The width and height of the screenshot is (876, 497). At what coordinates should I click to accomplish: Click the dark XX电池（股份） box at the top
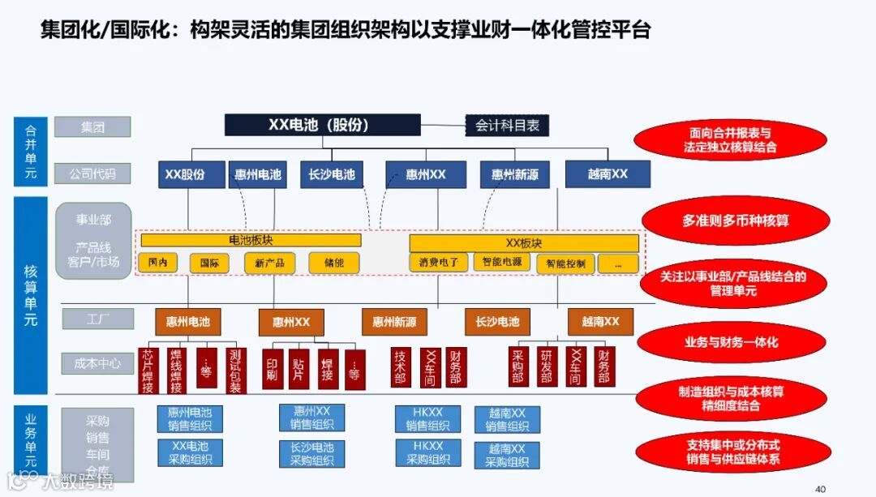tap(322, 125)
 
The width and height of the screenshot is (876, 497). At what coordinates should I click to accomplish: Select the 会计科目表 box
tap(507, 126)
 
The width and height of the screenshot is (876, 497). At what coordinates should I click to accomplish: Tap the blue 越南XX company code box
tap(608, 174)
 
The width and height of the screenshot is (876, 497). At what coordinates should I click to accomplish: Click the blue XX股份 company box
tap(185, 174)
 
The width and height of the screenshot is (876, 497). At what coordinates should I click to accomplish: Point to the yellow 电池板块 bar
tap(251, 241)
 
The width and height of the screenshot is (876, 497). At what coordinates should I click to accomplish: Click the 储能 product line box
tap(333, 263)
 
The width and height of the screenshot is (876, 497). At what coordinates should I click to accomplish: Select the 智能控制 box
tap(565, 263)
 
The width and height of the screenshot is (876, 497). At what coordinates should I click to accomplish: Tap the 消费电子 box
tap(439, 262)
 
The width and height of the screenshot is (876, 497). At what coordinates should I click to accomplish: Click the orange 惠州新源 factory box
tap(394, 322)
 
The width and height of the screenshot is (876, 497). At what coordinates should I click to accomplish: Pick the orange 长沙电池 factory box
tap(497, 322)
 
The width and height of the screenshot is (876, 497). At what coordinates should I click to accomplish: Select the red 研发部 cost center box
tap(547, 366)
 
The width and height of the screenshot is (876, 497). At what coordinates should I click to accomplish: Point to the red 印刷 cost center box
tap(273, 369)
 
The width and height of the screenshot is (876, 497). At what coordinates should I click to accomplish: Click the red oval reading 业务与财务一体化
tap(730, 342)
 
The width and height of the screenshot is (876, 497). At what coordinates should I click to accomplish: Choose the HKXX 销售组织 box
tap(427, 419)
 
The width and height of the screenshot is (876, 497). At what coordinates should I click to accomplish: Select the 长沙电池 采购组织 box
tap(311, 453)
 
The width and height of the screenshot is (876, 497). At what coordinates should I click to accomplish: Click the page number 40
tap(820, 488)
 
